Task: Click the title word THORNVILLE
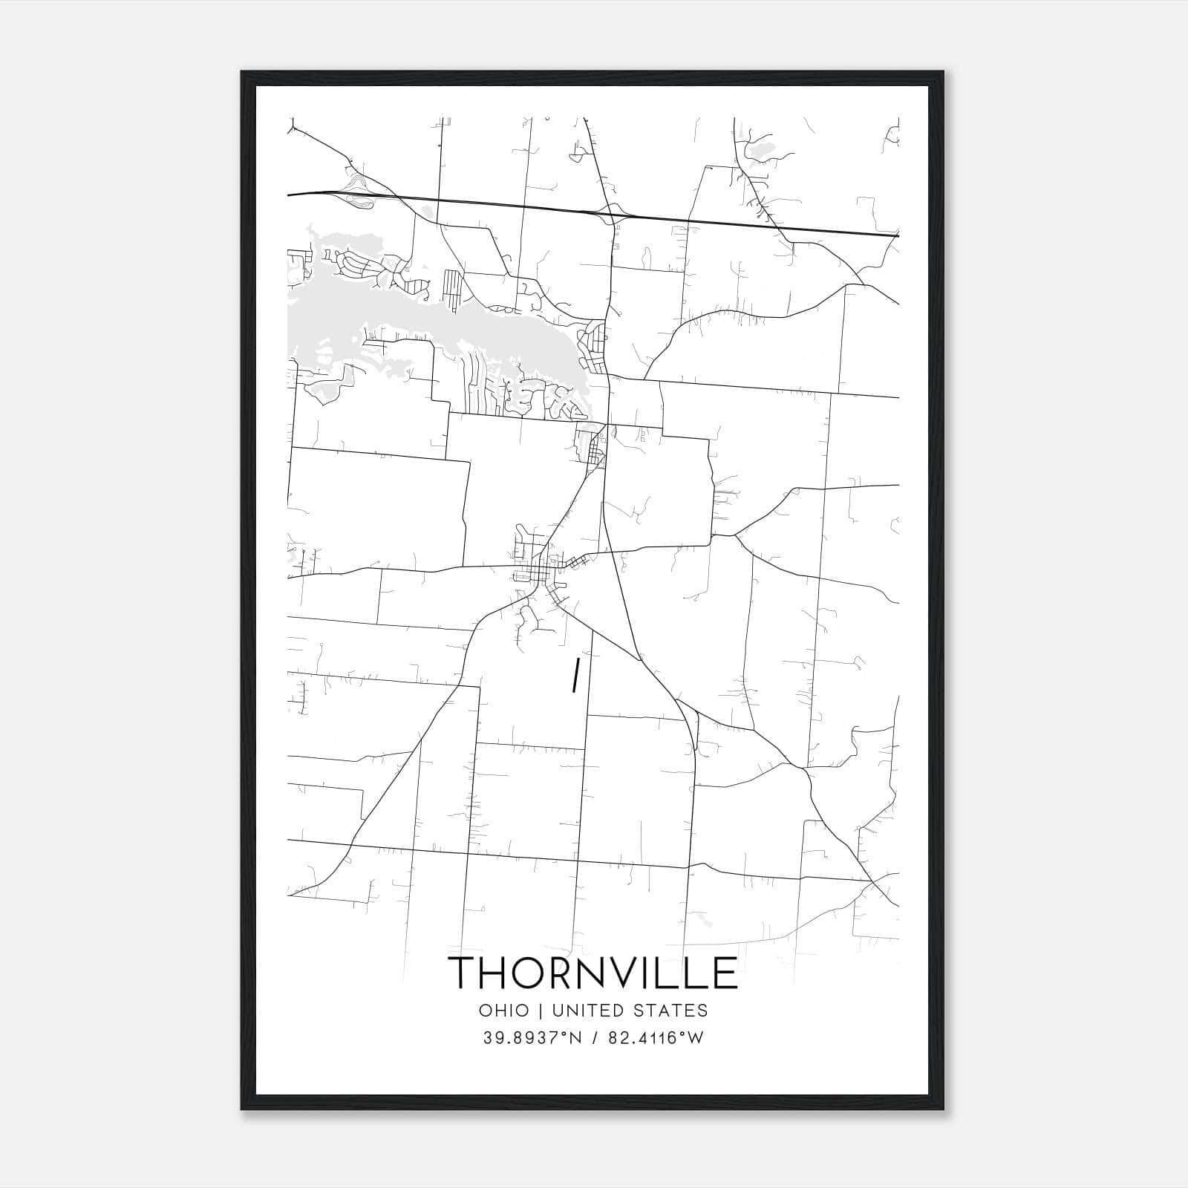[x=593, y=973]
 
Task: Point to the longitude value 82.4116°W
[x=656, y=1038]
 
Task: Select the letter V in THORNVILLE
[x=632, y=973]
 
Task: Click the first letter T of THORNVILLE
[x=463, y=973]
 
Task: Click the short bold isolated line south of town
[x=575, y=675]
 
